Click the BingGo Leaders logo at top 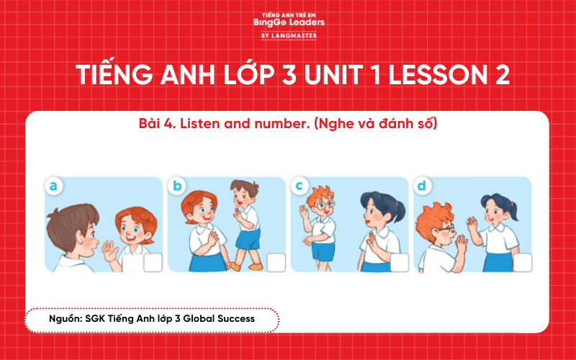(288, 21)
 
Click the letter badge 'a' (53, 186)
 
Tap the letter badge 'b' (176, 186)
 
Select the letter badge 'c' (300, 186)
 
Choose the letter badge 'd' (422, 186)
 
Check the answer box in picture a (153, 263)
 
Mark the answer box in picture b (276, 263)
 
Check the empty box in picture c (400, 263)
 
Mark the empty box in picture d (522, 263)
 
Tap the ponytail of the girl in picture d (513, 208)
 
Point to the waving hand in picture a (109, 252)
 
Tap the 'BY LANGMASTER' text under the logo (288, 35)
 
